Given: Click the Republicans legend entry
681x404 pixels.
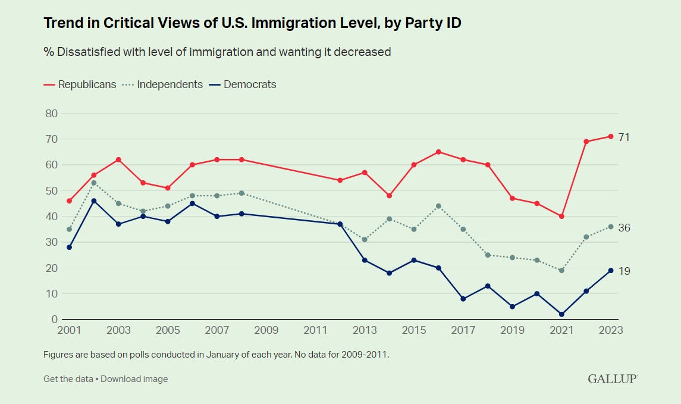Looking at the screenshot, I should click(80, 84).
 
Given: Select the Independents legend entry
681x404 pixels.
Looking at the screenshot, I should click(163, 84).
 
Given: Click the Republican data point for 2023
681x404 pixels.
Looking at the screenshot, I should click(611, 136).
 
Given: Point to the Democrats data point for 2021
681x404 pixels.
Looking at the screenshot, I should click(561, 314).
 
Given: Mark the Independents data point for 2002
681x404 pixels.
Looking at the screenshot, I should click(94, 183).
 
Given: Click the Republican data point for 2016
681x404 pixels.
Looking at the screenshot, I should click(438, 152).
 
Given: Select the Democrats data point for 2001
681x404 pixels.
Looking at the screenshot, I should click(69, 247).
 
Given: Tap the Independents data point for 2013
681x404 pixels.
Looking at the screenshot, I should click(365, 239).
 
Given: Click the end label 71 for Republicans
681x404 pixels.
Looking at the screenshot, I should click(624, 137).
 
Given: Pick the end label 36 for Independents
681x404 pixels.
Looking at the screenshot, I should click(624, 228).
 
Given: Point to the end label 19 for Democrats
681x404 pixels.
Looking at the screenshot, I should click(624, 271).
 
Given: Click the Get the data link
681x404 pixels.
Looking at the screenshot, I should click(68, 379).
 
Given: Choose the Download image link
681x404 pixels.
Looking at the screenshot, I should click(134, 379).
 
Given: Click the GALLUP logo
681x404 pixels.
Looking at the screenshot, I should click(613, 379).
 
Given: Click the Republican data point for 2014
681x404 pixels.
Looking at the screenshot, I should click(389, 196).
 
